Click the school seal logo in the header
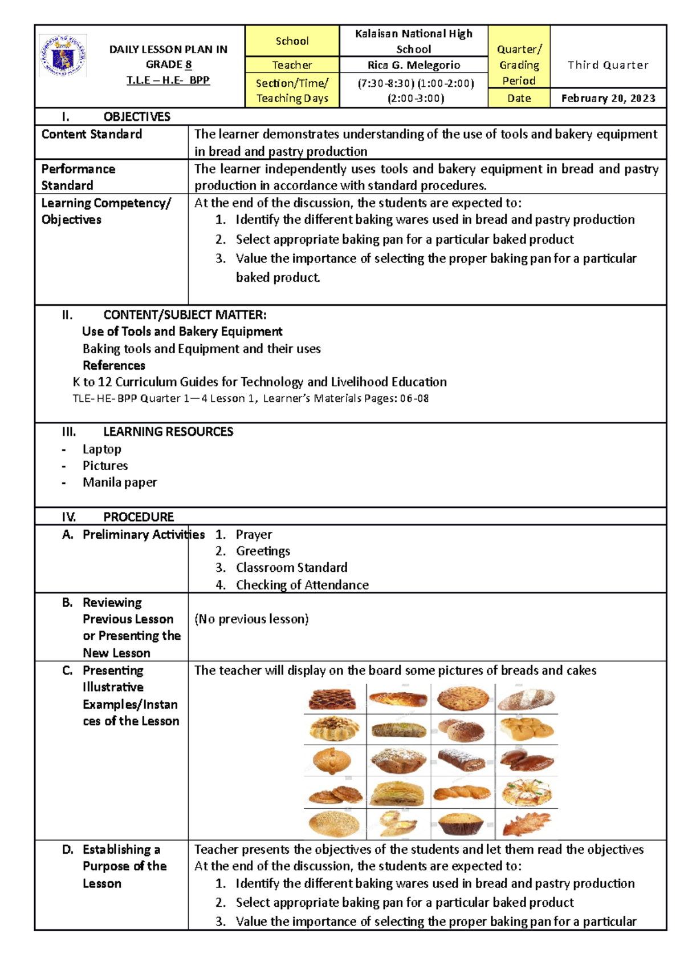tap(63, 55)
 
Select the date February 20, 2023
tap(608, 98)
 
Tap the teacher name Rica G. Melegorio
tap(414, 65)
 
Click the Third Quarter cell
tap(608, 65)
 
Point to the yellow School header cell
tap(292, 41)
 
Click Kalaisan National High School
tap(414, 41)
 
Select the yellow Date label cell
tap(519, 98)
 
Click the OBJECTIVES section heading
tap(137, 117)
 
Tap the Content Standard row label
tap(92, 135)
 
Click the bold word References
tap(114, 365)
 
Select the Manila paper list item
tap(120, 482)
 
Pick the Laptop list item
tap(102, 449)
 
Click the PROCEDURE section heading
tap(139, 517)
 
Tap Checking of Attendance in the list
tap(302, 585)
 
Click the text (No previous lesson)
tap(251, 619)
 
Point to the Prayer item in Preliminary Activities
tap(254, 535)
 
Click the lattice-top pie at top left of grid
tap(332, 699)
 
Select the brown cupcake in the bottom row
tap(461, 824)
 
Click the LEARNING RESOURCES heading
tap(168, 432)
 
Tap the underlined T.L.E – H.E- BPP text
tap(168, 80)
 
